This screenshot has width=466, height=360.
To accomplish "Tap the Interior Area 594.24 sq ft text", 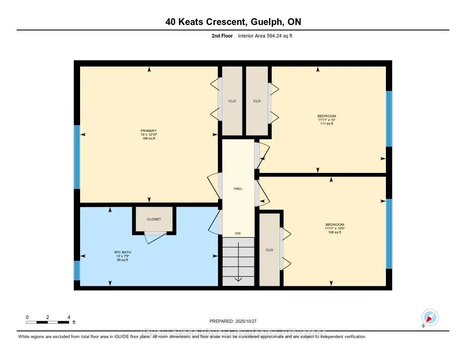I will pyautogui.click(x=265, y=35).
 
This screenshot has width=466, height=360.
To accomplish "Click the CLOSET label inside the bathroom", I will pyautogui.click(x=154, y=219).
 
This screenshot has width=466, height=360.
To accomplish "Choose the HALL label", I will pyautogui.click(x=238, y=188).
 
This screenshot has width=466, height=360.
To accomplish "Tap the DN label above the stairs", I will pyautogui.click(x=238, y=233).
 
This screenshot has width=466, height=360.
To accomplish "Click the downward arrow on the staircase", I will pyautogui.click(x=238, y=278).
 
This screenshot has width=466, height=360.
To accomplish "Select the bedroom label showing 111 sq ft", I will pyautogui.click(x=327, y=120).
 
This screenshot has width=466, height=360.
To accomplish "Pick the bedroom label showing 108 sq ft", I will pyautogui.click(x=334, y=228).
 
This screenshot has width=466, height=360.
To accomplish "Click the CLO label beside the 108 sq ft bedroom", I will pyautogui.click(x=269, y=249).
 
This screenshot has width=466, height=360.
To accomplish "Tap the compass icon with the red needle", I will pyautogui.click(x=430, y=317).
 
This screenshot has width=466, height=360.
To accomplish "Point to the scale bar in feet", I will pyautogui.click(x=48, y=322).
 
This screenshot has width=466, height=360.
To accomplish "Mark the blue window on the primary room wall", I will pyautogui.click(x=77, y=157).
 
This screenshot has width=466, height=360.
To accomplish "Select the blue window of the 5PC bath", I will pyautogui.click(x=77, y=270).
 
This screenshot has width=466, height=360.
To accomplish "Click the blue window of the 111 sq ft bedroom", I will pyautogui.click(x=389, y=118).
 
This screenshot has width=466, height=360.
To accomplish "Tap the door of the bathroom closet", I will pyautogui.click(x=154, y=237).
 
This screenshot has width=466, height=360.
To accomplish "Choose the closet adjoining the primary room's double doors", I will pyautogui.click(x=232, y=101).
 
